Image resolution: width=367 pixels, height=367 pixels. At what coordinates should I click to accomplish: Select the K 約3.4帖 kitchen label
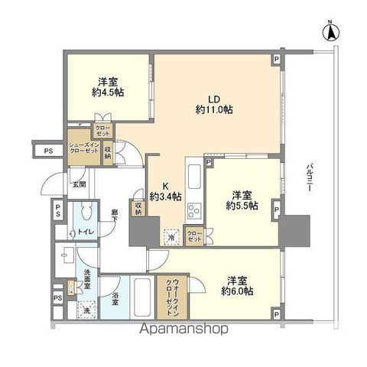(x=165, y=191)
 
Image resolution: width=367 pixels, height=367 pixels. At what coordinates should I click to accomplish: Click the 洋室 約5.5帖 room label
(x=242, y=201)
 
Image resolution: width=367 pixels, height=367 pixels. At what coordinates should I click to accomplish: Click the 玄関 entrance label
(x=79, y=183)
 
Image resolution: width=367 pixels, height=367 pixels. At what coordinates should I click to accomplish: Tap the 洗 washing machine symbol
(x=87, y=309)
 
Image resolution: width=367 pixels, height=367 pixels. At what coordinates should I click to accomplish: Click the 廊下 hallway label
(x=112, y=216)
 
